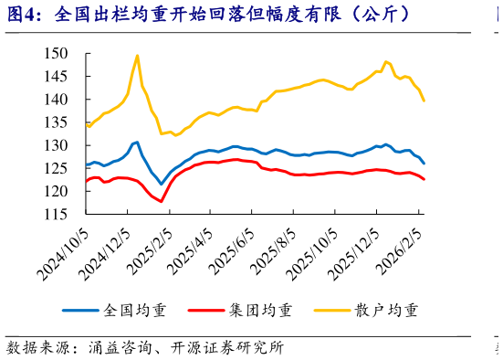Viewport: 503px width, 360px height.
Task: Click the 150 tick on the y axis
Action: coord(57,54)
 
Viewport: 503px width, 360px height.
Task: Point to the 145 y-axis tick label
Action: coord(57,77)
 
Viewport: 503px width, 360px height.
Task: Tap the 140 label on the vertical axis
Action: coord(57,100)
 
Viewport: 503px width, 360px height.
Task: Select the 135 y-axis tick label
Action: coord(57,122)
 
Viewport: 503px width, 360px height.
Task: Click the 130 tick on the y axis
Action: coord(57,145)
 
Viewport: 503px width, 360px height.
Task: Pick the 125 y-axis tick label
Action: coord(57,168)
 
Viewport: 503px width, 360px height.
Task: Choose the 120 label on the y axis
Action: coord(57,191)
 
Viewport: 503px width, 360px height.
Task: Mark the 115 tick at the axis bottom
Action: coord(57,214)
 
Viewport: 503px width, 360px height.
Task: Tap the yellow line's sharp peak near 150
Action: coord(137,56)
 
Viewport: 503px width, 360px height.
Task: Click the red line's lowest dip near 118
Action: coord(162,201)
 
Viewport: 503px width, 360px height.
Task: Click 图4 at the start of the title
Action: coord(25,15)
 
